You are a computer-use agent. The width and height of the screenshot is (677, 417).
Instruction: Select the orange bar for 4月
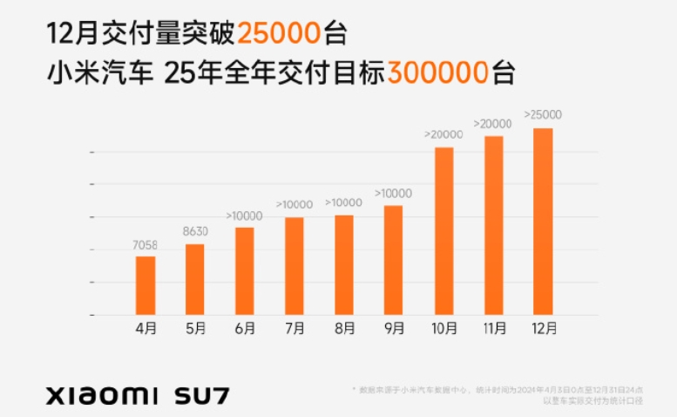(x=146, y=285)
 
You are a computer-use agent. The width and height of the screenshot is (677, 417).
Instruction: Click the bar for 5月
(x=195, y=279)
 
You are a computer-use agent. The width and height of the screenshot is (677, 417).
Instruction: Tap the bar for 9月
(x=394, y=260)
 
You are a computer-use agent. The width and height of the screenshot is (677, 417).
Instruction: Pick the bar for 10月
(x=443, y=231)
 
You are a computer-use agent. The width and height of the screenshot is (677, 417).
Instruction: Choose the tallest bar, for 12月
(x=543, y=222)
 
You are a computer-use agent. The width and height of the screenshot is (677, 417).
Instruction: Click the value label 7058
(x=146, y=246)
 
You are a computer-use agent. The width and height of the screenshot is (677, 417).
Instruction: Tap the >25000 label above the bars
(x=542, y=114)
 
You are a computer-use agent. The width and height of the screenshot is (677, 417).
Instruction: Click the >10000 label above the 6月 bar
(x=244, y=215)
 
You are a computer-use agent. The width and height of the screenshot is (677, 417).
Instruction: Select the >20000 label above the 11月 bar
(x=492, y=124)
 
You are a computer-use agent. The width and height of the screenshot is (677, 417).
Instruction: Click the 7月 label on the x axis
(x=294, y=329)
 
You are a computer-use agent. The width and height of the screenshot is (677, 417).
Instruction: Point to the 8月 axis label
(x=344, y=329)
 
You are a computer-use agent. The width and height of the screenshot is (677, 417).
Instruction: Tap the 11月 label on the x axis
(x=493, y=329)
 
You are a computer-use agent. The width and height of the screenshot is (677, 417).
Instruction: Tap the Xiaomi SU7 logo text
(x=138, y=394)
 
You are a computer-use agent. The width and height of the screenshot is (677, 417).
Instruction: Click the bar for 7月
(x=294, y=266)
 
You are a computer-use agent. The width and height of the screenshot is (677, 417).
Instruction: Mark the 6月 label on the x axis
(x=245, y=329)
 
